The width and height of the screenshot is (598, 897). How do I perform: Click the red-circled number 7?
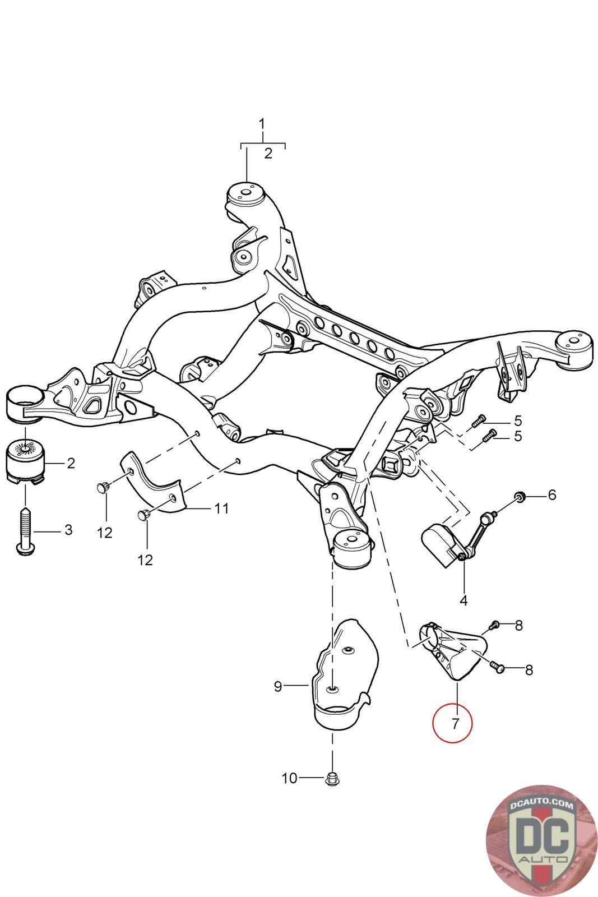point(452,723)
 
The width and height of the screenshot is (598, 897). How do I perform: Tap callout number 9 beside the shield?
point(278,686)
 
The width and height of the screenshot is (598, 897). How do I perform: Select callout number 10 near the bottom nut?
point(289,778)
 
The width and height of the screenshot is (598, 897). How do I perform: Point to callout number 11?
point(221,508)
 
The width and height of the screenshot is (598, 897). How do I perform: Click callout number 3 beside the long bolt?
point(68,529)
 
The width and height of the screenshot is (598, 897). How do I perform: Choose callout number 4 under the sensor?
point(463,600)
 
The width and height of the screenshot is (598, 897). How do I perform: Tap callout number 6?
point(552,494)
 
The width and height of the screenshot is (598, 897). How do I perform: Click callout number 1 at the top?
point(263,123)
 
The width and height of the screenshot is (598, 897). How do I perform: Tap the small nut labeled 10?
point(332,778)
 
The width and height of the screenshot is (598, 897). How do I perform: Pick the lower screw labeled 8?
point(497,667)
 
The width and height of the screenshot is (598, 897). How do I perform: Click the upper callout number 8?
point(518,625)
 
